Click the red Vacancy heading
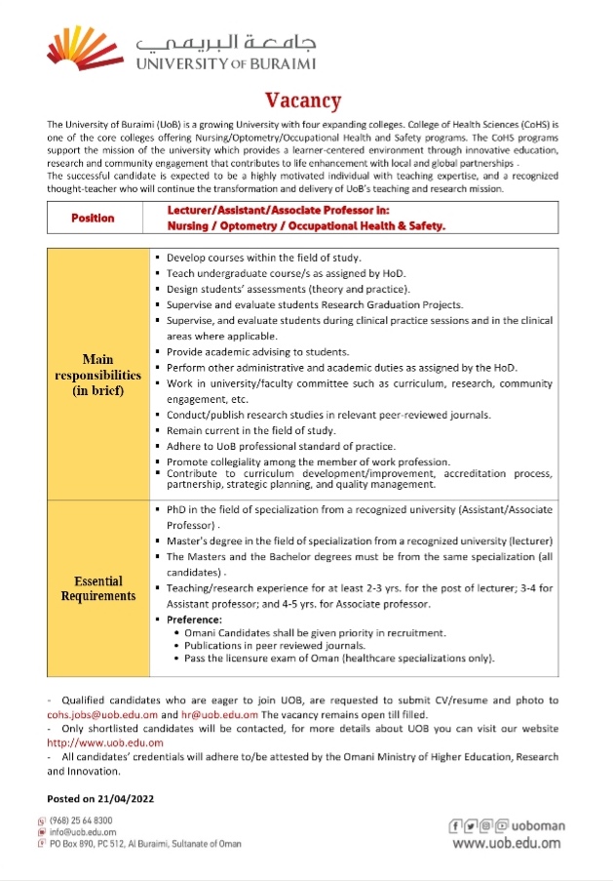[303, 100]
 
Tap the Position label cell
[93, 218]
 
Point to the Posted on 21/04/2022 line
[101, 798]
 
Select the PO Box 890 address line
[136, 843]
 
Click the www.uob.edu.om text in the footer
[509, 843]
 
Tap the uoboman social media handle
[533, 825]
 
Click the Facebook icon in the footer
[455, 825]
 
